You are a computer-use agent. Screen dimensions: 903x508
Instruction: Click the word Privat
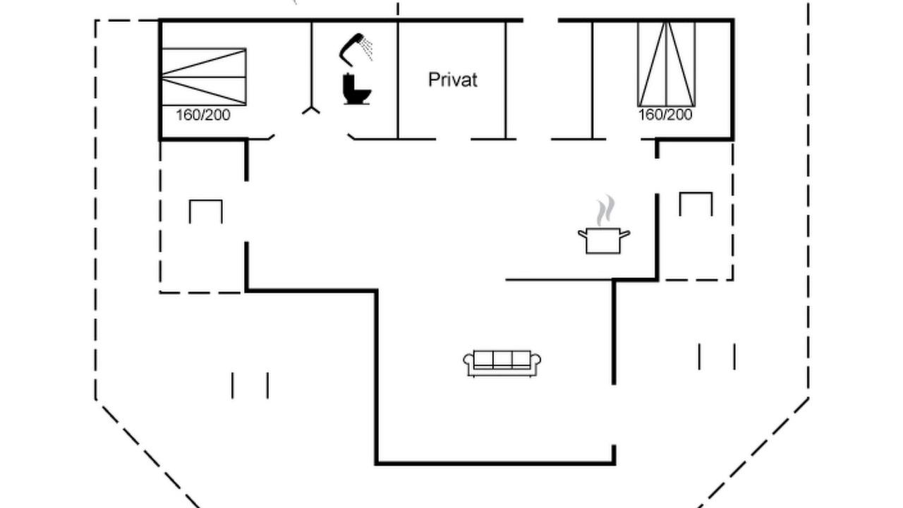tap(453, 80)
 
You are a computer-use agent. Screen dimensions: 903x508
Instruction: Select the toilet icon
tap(356, 89)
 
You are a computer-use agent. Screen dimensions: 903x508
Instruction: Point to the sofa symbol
tap(502, 363)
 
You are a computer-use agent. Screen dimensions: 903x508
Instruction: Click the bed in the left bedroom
tap(204, 77)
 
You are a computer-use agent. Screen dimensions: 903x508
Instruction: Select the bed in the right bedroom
tap(667, 64)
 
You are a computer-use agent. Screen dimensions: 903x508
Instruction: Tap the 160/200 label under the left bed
tap(203, 115)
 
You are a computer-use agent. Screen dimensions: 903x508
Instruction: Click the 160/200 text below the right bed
tap(665, 115)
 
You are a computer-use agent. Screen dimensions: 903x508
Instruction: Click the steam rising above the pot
tap(605, 210)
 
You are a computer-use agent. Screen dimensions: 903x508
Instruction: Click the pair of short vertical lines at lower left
tap(250, 386)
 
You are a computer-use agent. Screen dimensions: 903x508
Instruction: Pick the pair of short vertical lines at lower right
tap(717, 356)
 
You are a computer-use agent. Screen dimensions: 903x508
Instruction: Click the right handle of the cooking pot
tap(625, 234)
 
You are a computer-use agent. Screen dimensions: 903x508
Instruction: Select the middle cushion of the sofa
tap(502, 359)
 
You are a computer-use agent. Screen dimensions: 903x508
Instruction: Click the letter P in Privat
tap(433, 80)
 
